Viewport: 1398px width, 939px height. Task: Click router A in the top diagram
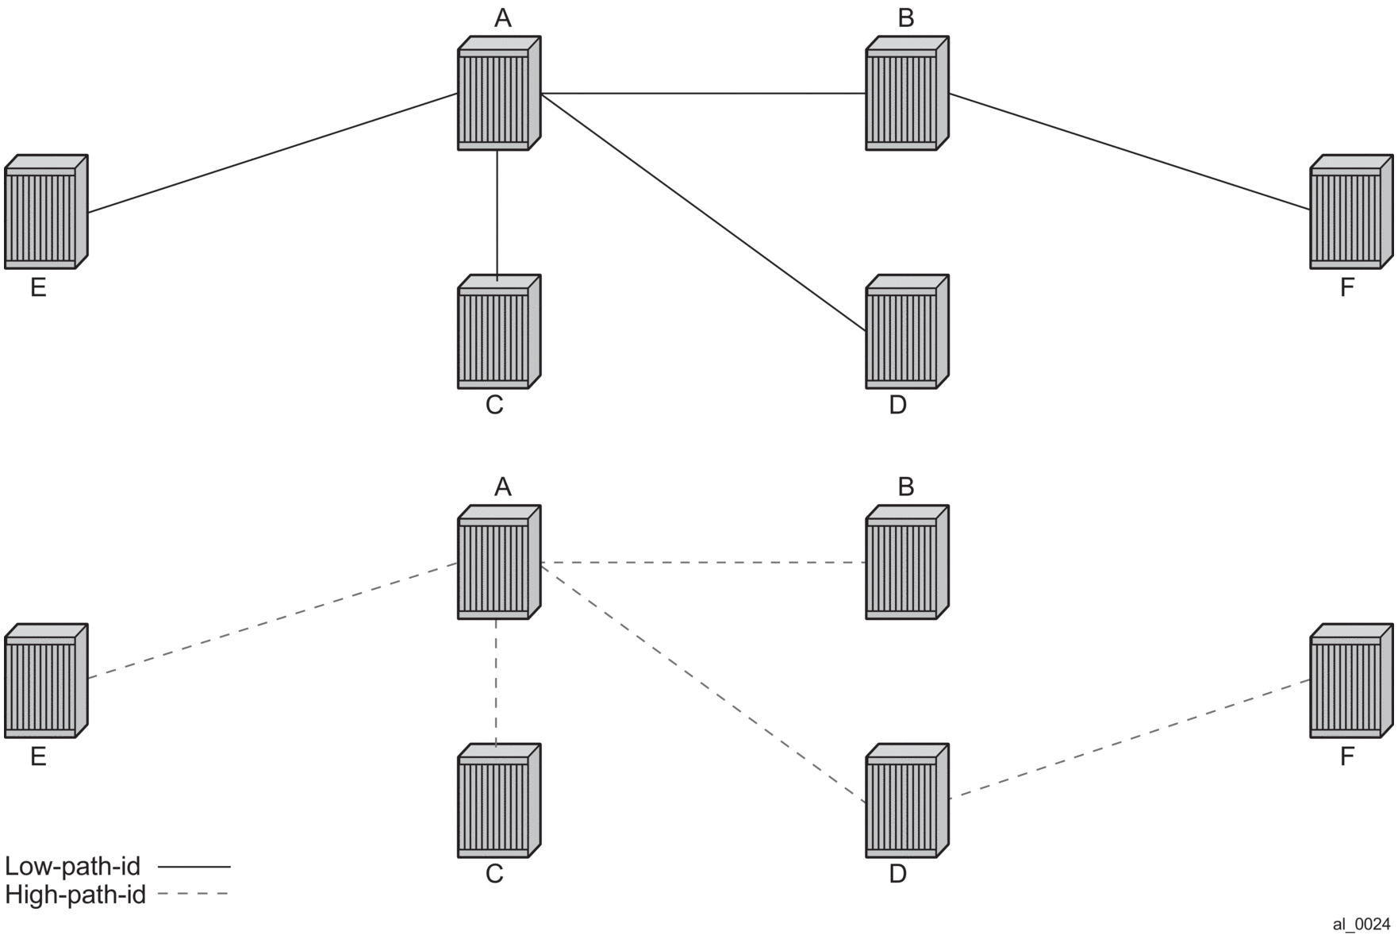pos(498,94)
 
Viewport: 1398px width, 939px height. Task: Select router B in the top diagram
pos(906,94)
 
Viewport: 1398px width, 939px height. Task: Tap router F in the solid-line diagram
pos(1350,212)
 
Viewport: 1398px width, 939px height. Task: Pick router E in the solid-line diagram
pos(45,212)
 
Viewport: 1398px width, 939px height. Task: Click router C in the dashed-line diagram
pos(498,801)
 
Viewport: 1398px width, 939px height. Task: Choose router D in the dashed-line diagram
pos(906,801)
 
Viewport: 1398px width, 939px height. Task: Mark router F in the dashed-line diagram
pos(1350,681)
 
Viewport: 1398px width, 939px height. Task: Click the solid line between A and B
pos(703,93)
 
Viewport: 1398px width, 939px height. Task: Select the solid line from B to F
pos(1129,152)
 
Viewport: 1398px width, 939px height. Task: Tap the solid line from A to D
pos(703,211)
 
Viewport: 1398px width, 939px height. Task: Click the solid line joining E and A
pos(272,153)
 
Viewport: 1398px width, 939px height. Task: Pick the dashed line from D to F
pos(1129,739)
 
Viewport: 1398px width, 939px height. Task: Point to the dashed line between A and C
pos(497,682)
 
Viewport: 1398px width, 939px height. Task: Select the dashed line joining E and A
pos(272,621)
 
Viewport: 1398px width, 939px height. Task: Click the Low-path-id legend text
pos(72,866)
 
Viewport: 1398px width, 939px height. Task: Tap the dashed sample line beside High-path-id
pos(193,895)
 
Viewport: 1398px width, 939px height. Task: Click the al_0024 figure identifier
pos(1361,924)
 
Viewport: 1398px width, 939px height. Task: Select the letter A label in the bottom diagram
pos(503,487)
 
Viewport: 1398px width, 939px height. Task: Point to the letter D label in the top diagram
pos(897,405)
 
